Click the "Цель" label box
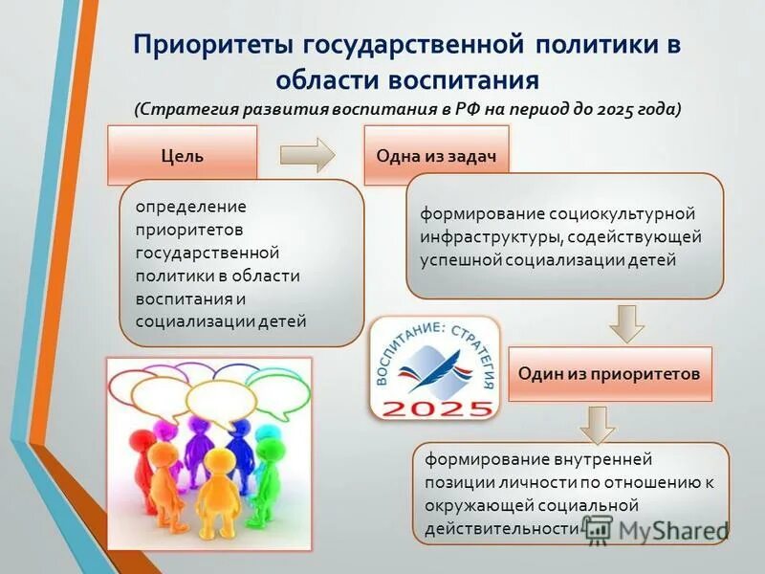182,155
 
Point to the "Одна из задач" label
436,155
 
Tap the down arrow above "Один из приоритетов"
627,322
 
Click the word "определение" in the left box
190,207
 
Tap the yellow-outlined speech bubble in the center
220,397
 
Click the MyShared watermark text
669,530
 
